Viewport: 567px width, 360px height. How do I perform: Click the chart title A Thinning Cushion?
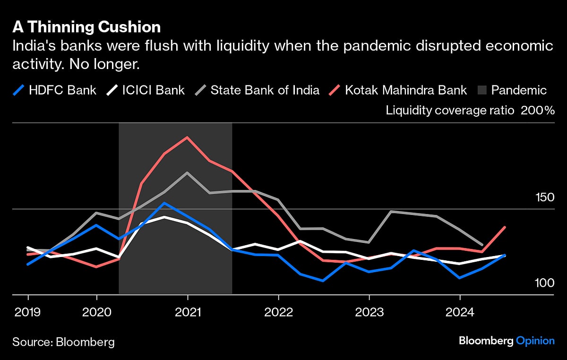(x=86, y=27)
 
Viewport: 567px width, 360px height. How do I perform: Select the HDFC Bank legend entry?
(x=55, y=90)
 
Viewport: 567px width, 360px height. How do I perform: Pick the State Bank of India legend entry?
(x=257, y=90)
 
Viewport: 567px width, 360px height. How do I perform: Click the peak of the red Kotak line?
(x=188, y=137)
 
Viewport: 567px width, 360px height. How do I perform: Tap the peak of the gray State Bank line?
(x=188, y=173)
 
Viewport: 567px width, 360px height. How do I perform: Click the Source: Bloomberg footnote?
(x=63, y=341)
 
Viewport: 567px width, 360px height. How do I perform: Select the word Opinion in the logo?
(x=535, y=341)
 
